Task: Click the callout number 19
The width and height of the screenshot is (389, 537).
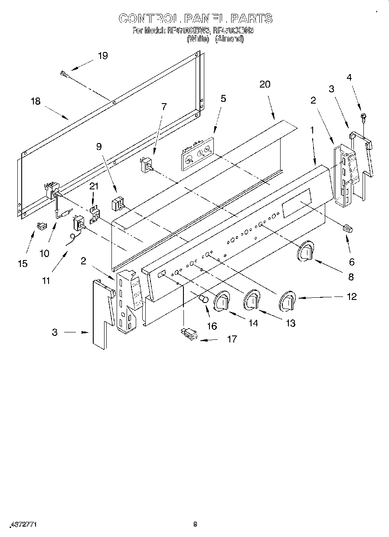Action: click(102, 55)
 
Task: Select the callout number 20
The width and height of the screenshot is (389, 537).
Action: click(265, 84)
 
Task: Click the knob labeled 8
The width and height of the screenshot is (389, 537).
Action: click(306, 251)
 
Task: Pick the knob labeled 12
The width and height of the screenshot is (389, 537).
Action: click(287, 301)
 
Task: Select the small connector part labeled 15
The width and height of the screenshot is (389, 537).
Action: click(42, 226)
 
